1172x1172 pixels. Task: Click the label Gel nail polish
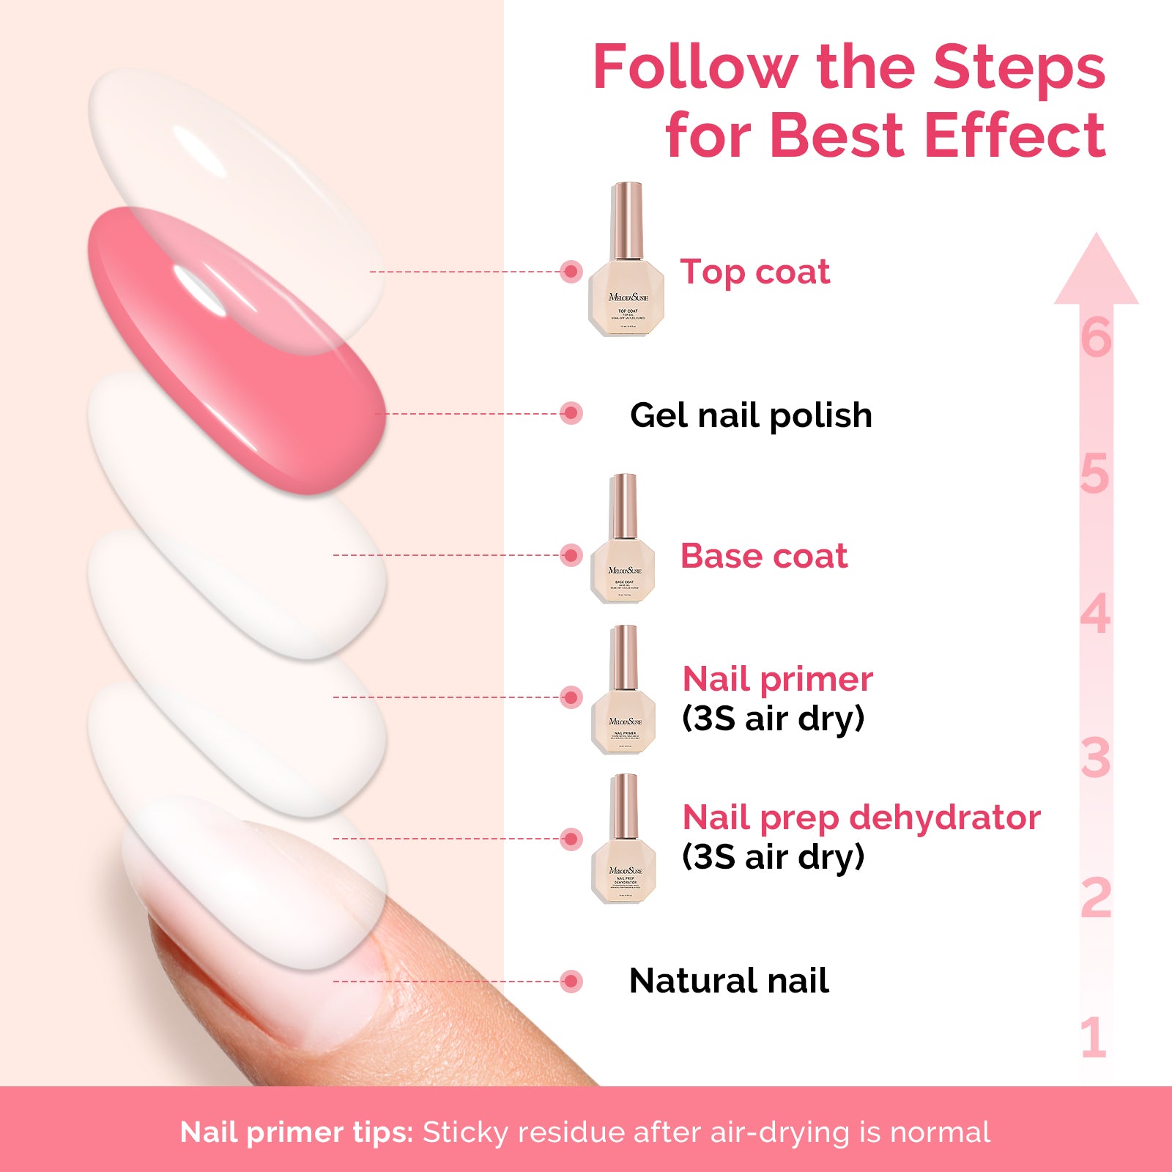click(x=751, y=415)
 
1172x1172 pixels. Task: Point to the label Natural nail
click(x=729, y=981)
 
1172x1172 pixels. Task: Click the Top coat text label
click(x=754, y=272)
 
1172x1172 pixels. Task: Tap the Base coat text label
click(x=763, y=556)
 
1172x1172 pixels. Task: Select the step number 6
click(x=1096, y=338)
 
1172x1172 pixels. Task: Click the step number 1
click(x=1093, y=1037)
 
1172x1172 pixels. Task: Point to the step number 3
click(x=1095, y=758)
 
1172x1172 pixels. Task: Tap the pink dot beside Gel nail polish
click(x=571, y=413)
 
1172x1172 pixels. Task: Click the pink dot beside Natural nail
click(x=571, y=981)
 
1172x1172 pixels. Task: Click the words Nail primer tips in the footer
click(x=296, y=1132)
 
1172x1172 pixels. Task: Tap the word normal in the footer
click(x=940, y=1132)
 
